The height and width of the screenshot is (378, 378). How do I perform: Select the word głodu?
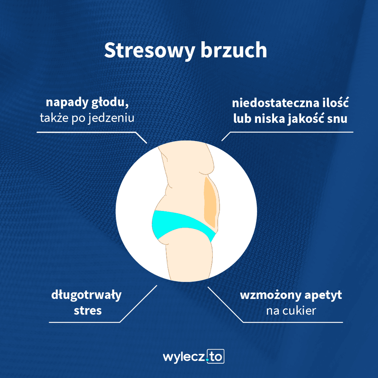click(x=110, y=103)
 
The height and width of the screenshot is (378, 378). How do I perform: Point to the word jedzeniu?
click(x=111, y=118)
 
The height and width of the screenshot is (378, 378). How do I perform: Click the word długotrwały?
click(x=86, y=295)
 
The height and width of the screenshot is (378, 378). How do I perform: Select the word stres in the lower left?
click(x=88, y=311)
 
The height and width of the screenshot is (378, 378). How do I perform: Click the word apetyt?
click(x=323, y=296)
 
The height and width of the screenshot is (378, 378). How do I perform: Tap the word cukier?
click(x=299, y=310)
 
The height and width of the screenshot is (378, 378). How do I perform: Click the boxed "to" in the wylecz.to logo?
click(x=216, y=356)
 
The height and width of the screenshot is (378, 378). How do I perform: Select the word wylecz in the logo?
click(x=184, y=357)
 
